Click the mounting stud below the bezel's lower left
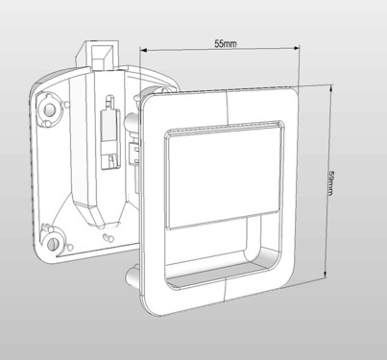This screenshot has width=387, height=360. point(129,279)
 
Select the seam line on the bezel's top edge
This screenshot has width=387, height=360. point(223,93)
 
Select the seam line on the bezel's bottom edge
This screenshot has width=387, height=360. point(222,297)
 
